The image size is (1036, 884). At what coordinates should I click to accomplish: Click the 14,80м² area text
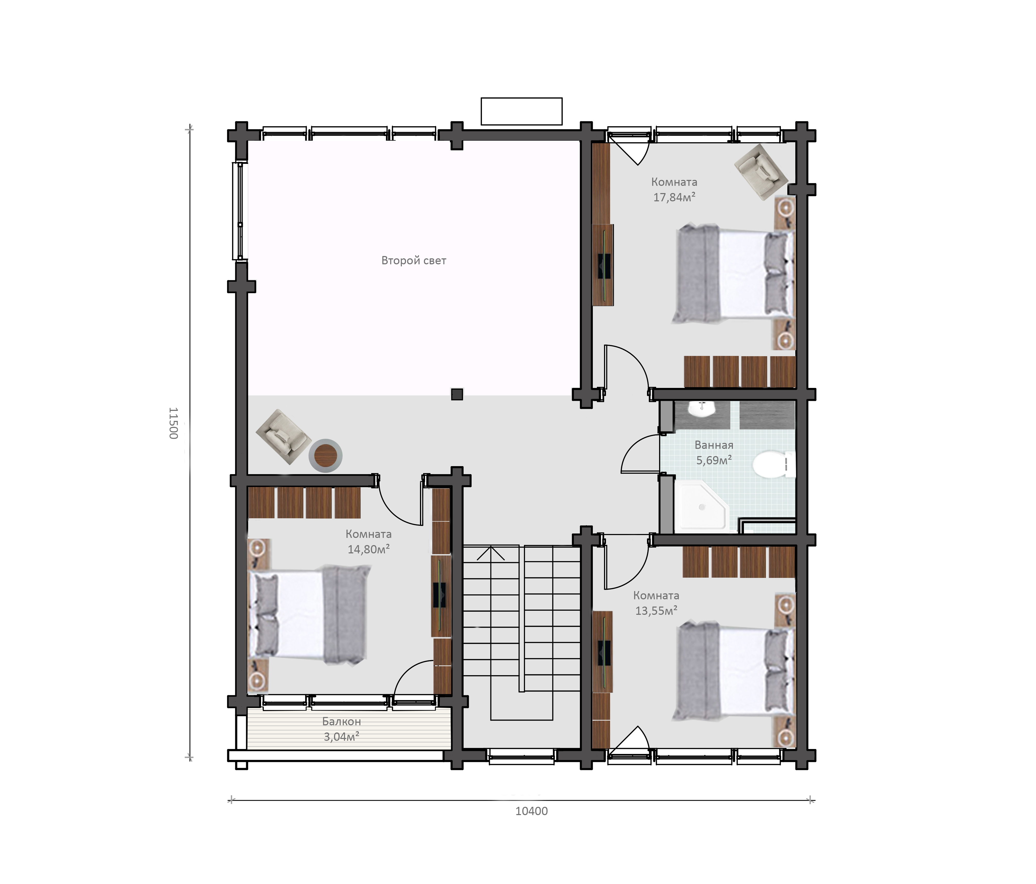[x=368, y=549]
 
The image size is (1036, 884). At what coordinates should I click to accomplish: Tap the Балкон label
[x=342, y=721]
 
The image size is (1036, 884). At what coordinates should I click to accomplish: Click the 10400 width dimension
[x=531, y=811]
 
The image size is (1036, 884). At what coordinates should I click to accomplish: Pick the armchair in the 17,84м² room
[x=761, y=172]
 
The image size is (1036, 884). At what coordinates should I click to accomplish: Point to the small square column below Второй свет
[x=457, y=394]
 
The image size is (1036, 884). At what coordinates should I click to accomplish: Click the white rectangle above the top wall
[x=522, y=111]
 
